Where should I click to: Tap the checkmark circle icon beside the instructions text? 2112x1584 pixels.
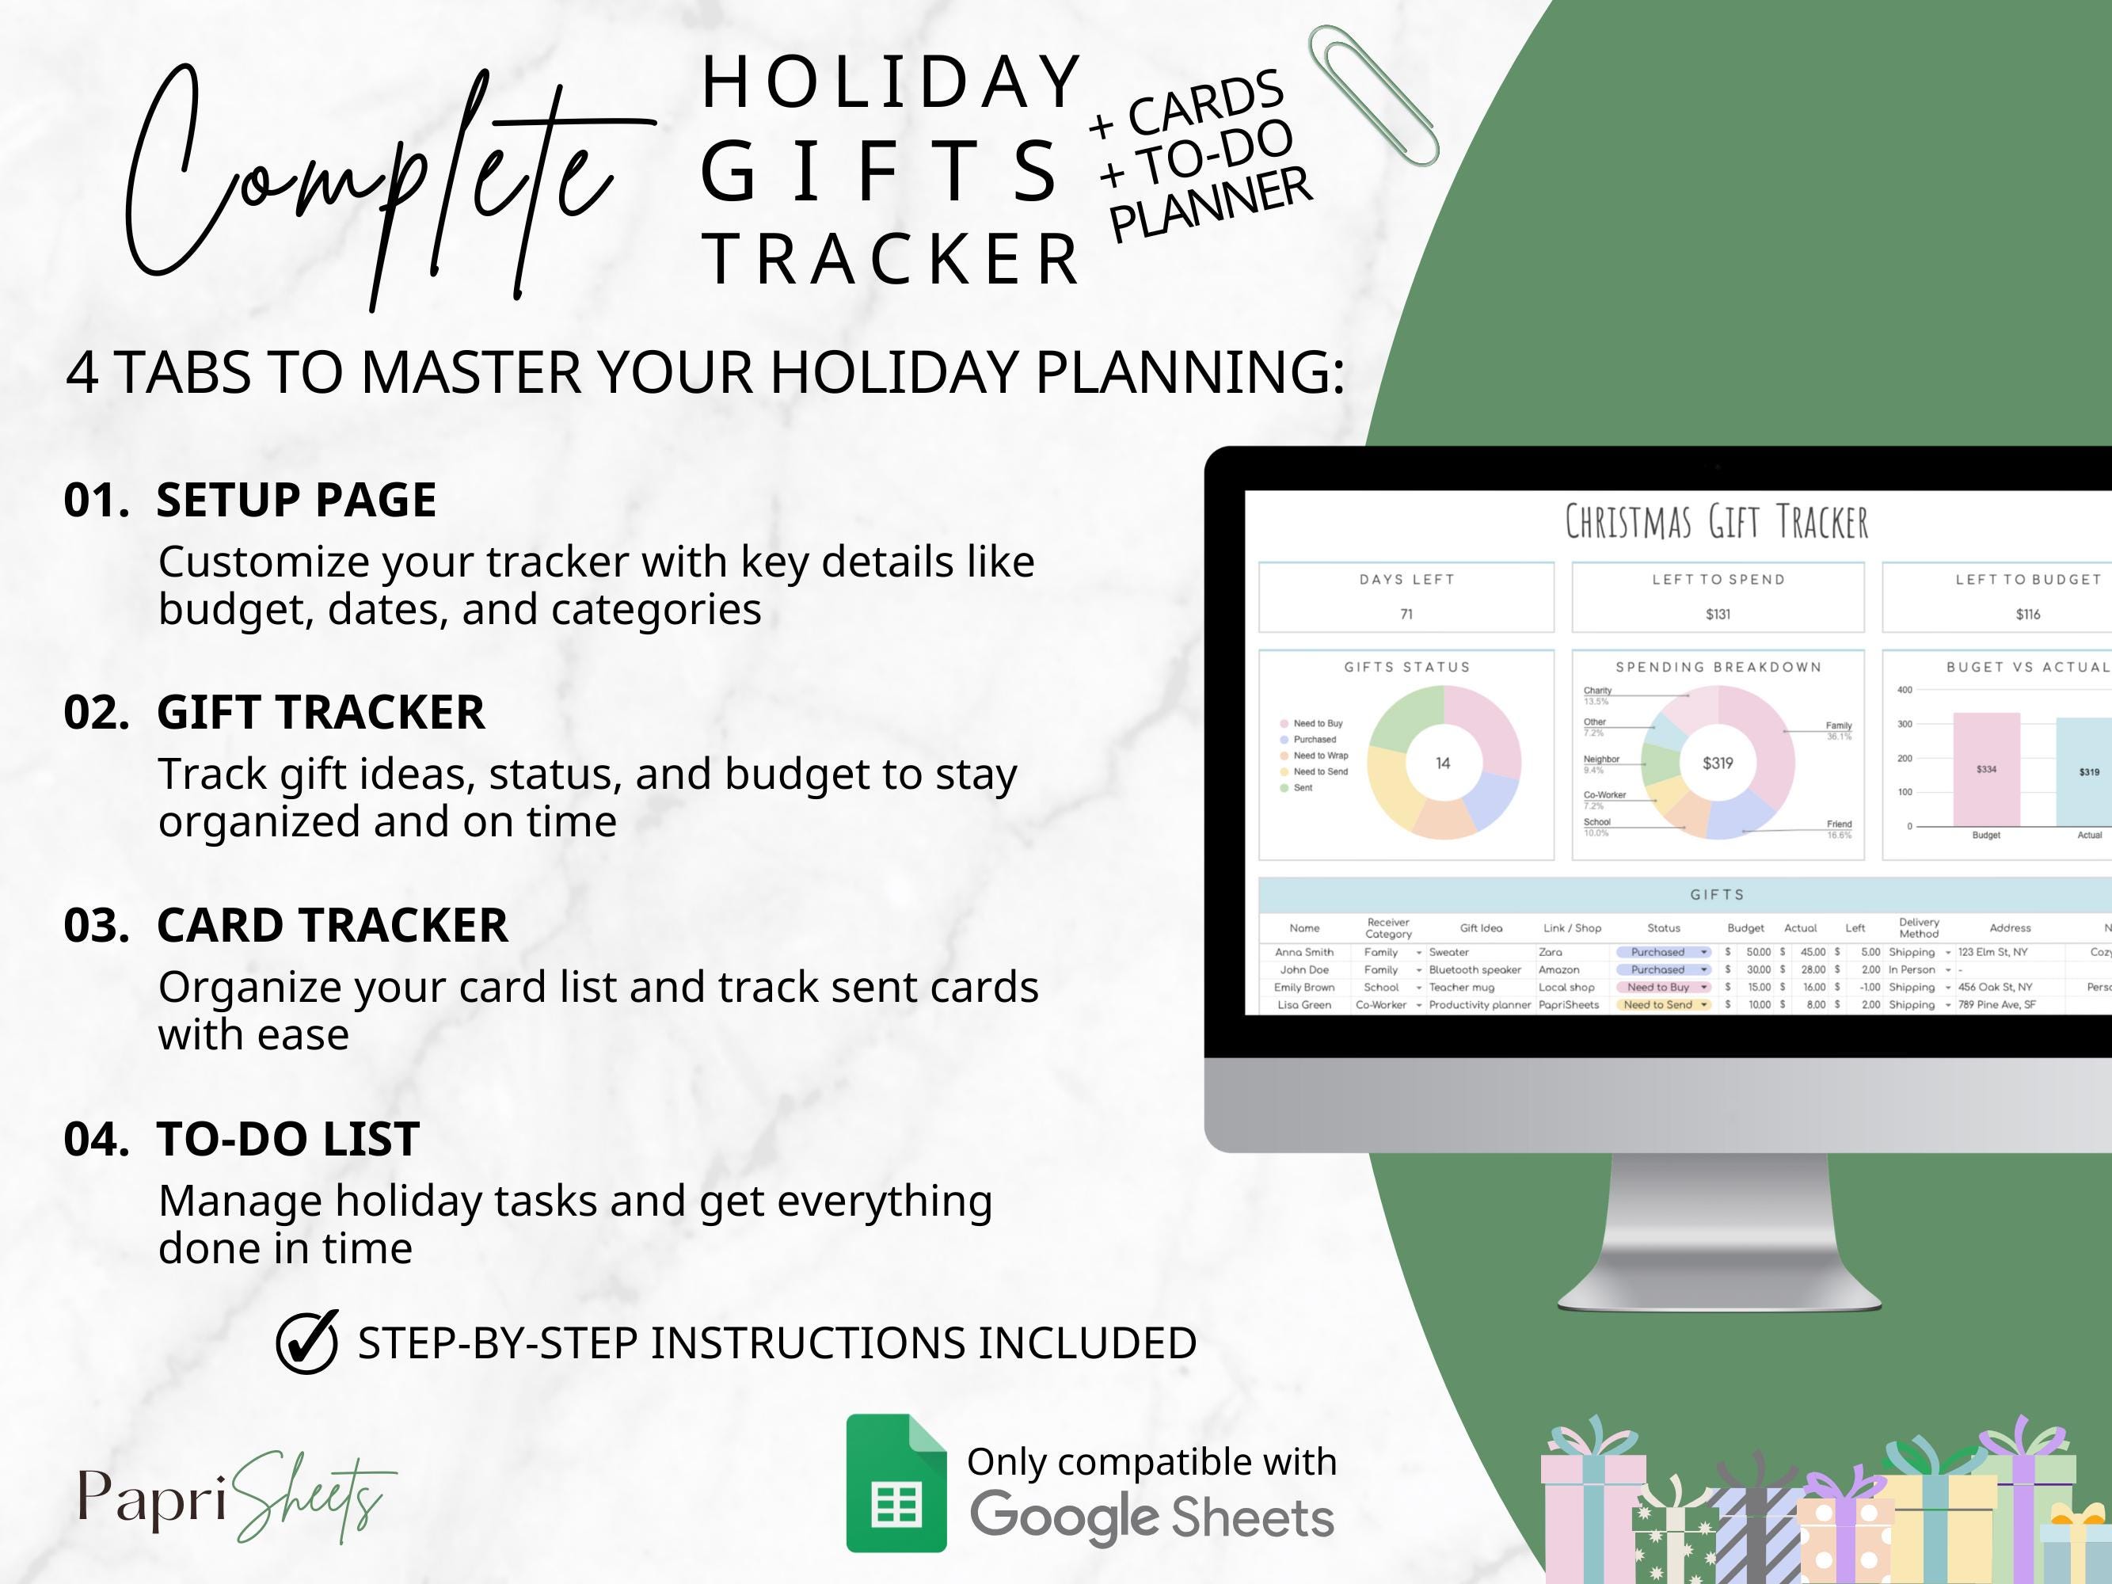point(306,1342)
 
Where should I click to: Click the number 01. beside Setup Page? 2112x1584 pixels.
point(97,501)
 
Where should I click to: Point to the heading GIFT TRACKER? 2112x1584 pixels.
point(320,712)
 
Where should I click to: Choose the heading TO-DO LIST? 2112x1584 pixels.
point(287,1139)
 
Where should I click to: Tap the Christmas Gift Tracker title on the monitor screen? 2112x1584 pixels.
point(1716,522)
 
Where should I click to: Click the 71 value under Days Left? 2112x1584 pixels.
point(1406,614)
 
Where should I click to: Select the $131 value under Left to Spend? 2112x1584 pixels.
point(1718,614)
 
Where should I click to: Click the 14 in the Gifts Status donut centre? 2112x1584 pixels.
point(1443,763)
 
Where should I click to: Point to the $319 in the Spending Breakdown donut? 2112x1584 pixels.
point(1718,763)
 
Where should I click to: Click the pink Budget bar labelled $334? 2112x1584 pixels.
point(1986,770)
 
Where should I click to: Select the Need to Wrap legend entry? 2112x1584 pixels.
point(1319,756)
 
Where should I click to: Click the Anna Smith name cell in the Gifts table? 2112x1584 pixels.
point(1304,952)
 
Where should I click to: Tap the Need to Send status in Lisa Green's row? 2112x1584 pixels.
point(1658,1004)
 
